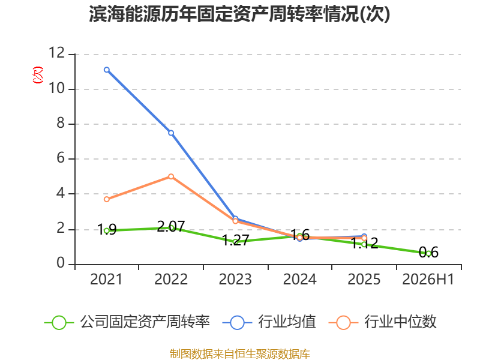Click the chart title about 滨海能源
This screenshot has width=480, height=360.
tap(239, 14)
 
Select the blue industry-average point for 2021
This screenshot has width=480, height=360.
tap(107, 70)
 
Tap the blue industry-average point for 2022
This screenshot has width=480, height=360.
tap(171, 133)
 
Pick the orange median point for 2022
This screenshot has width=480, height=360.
tap(171, 176)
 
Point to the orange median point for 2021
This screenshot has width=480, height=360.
tap(107, 199)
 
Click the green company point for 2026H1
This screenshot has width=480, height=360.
tap(428, 253)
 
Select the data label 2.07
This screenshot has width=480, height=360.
tap(171, 227)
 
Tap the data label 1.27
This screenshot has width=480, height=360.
tap(235, 241)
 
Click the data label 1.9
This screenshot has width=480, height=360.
tap(107, 229)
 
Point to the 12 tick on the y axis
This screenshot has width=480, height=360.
tap(57, 53)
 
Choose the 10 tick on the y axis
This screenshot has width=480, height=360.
tap(57, 88)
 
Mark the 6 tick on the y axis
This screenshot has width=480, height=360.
tap(61, 158)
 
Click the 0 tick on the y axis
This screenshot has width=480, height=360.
tap(61, 263)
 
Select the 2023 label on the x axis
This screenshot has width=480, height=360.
tap(235, 280)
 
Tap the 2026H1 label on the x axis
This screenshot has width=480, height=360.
tap(428, 280)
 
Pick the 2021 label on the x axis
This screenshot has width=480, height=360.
tap(106, 280)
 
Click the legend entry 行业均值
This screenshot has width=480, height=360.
tap(269, 322)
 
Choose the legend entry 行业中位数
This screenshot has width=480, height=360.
tap(382, 322)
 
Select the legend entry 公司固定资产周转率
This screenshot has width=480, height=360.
tap(127, 322)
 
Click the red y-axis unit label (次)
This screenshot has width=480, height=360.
tap(38, 75)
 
